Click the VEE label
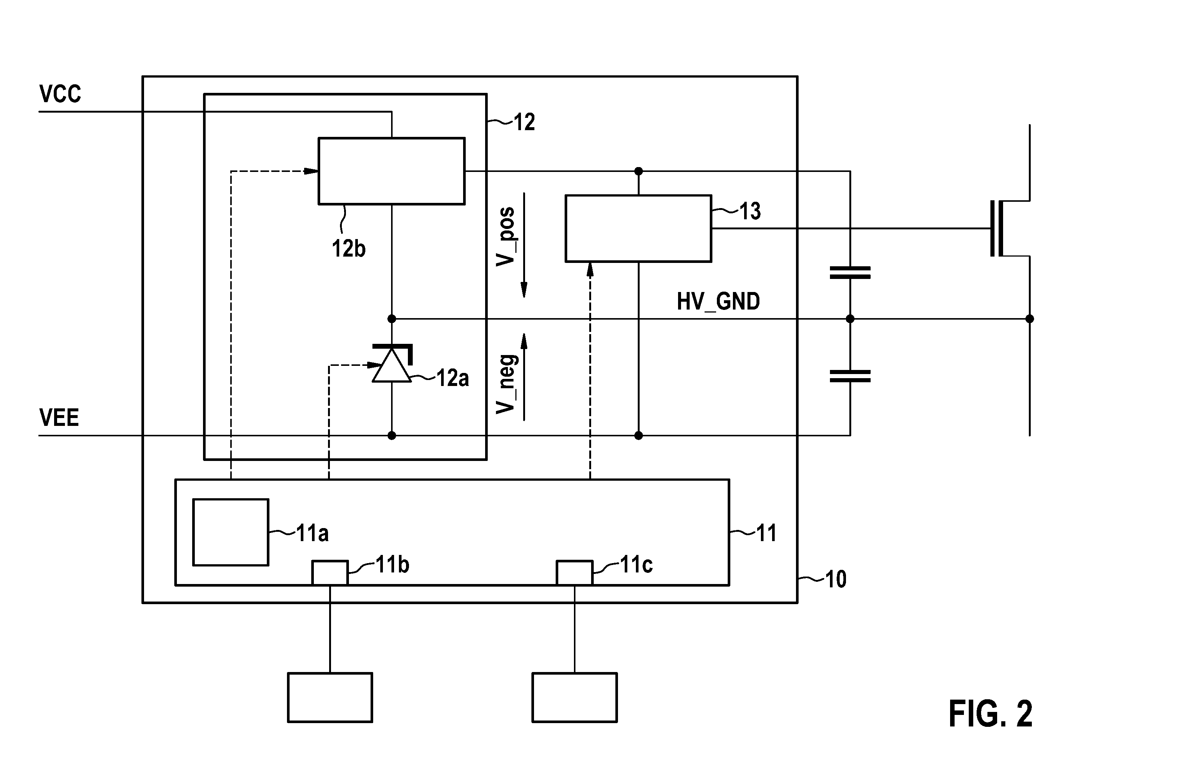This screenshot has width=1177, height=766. pos(59,418)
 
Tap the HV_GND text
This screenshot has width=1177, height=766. pos(718,301)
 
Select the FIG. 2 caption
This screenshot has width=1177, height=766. pos(990,714)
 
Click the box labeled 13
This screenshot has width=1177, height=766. pos(639,228)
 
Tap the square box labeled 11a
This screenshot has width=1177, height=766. pos(231,532)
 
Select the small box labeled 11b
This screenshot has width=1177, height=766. pos(330,573)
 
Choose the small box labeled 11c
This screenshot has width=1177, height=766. pos(574,573)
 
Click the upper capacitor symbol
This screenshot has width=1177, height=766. pos(850,273)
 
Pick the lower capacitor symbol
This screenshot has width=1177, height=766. pos(850,376)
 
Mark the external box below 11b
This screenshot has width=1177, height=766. pos(330,697)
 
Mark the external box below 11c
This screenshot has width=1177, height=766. pos(575,697)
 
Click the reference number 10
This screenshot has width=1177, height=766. pos(836,579)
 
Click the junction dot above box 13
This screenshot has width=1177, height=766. pos(639,172)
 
